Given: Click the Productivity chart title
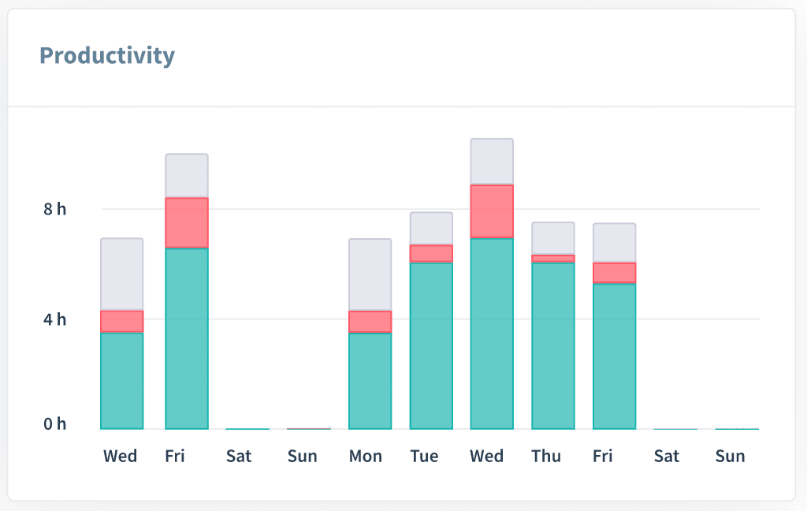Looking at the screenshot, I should coord(107,56).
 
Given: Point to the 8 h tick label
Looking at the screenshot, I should coord(55,209).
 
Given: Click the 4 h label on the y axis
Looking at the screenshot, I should coord(55,319).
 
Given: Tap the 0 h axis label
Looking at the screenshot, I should coord(55,424).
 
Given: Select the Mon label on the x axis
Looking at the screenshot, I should coord(366,457).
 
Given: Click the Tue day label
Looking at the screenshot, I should coord(424,457).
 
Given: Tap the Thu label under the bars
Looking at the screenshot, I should coord(546,457).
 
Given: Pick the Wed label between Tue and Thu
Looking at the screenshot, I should coord(486,457).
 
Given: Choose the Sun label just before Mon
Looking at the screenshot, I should coord(302,457).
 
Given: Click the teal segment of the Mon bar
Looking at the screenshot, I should coord(370,381).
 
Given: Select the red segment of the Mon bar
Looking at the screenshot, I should coord(370,322).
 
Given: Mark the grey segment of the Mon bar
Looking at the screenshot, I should coord(370,274).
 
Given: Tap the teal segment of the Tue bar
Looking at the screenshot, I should coord(431,345).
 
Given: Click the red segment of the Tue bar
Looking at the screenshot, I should coord(431,253).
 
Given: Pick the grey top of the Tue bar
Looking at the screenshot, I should coord(431,229).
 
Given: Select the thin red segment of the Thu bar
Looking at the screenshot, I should coord(553,259).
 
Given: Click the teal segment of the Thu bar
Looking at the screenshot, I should coord(553,345).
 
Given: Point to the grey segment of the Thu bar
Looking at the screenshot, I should coord(553,238).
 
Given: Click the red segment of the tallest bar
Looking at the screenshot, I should coord(492,211).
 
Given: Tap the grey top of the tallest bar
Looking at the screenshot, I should coord(492,162).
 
